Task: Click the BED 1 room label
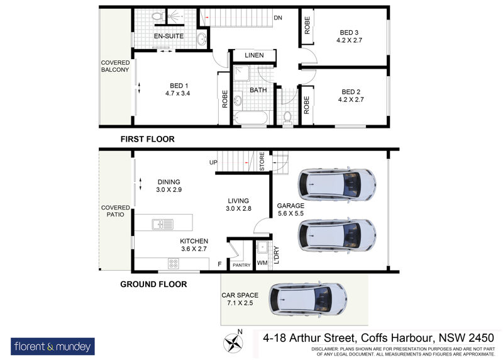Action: coord(178,89)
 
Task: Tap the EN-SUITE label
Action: coord(169,36)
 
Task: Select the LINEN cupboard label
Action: coord(254,55)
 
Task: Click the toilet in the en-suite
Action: coord(158,16)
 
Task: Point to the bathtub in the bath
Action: coord(250,118)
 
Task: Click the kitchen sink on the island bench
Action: coord(162,224)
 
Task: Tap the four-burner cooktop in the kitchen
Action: coord(174,264)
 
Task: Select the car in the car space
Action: coord(307,300)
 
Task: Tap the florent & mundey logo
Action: coord(53,347)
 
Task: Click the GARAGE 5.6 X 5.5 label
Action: coord(290,210)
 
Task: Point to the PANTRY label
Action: coord(241,265)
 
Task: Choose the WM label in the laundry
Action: coord(262,263)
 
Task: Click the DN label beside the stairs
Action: coord(278,18)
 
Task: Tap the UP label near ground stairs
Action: coord(213,162)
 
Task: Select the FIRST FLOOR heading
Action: coord(148,139)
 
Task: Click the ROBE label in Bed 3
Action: coord(307,25)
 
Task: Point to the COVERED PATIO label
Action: coord(115,211)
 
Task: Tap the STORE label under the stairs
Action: coord(262,161)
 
